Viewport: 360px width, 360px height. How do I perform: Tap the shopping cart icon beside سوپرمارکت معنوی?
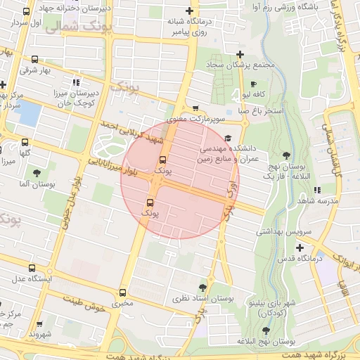195,108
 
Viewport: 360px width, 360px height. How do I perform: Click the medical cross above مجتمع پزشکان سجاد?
240,54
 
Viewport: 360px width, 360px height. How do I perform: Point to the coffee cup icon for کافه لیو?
254,83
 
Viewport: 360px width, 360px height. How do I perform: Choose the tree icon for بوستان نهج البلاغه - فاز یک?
286,154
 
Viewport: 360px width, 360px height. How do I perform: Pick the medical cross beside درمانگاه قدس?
300,247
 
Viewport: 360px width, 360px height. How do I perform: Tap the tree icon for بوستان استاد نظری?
202,287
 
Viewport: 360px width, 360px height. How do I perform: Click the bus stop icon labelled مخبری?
124,292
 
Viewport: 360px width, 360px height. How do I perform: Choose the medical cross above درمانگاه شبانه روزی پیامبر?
189,11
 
